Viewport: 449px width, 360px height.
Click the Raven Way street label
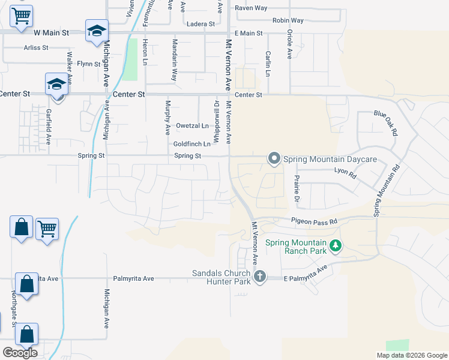(251, 8)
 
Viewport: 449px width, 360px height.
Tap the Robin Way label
(288, 20)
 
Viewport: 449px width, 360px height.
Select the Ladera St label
(201, 24)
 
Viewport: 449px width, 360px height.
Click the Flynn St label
(88, 63)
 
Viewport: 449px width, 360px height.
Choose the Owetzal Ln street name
(192, 126)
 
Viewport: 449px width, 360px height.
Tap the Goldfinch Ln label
(191, 144)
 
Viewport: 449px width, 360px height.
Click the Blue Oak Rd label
(386, 122)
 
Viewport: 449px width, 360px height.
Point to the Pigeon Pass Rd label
(315, 221)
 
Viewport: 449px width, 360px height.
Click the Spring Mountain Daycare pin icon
(274, 158)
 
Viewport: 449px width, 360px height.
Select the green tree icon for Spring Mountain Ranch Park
(335, 245)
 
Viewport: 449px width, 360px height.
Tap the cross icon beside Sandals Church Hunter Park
(259, 277)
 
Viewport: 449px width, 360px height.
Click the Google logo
(20, 353)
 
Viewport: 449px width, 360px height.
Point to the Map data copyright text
(411, 355)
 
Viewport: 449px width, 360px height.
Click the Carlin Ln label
(268, 62)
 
